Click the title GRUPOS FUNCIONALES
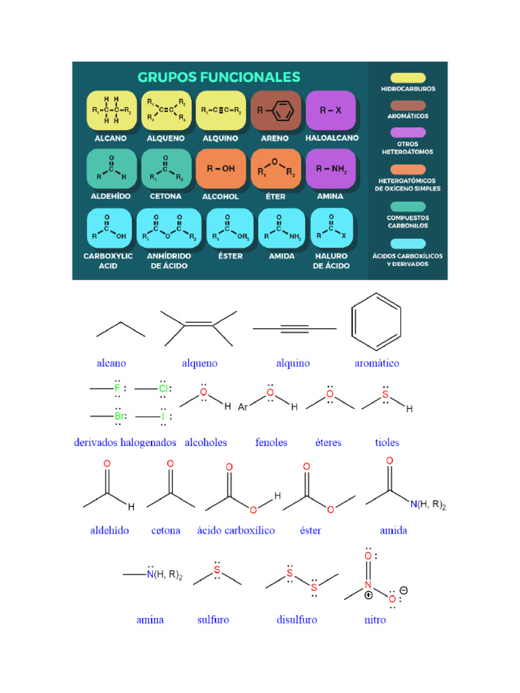point(219,77)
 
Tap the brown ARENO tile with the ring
point(276,110)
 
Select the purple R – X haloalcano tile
point(330,110)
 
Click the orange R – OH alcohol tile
point(221,169)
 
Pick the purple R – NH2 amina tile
point(330,169)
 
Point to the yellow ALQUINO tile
point(221,110)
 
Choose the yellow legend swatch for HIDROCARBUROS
point(408,78)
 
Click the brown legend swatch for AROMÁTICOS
point(408,105)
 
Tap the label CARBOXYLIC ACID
point(108,261)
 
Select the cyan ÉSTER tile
point(230,228)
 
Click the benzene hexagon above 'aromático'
point(376,321)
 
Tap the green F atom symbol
point(117,388)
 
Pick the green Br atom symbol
point(119,416)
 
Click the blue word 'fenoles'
point(271,443)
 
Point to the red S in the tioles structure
point(385,395)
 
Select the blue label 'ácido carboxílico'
point(236,531)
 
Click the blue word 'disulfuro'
point(297,620)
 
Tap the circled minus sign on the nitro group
point(404,590)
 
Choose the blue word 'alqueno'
point(200,363)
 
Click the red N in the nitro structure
point(368,585)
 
